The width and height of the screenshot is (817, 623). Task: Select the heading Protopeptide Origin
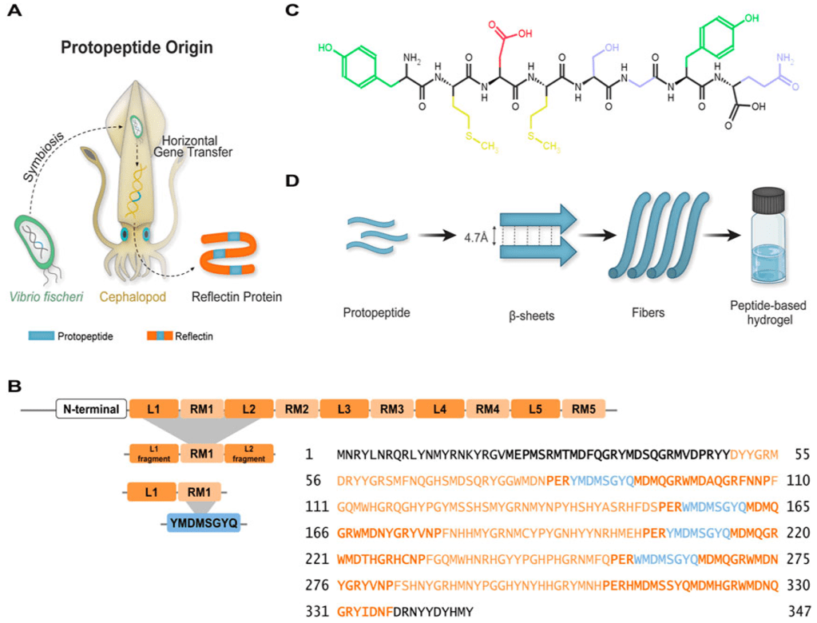137,48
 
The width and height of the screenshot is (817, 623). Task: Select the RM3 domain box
391,410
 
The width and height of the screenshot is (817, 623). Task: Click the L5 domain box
535,410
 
